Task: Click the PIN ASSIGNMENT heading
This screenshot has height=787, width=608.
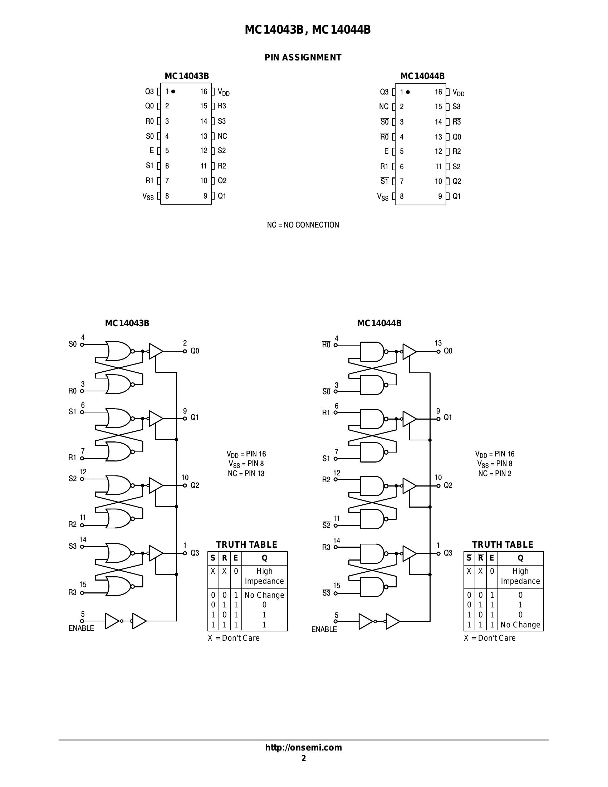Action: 303,58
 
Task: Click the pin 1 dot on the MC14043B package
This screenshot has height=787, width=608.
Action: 173,92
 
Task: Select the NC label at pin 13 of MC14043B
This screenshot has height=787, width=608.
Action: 222,136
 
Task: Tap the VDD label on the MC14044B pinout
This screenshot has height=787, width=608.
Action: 458,92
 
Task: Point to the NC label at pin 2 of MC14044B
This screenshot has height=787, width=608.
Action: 384,107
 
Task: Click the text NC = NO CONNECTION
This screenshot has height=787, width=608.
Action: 303,225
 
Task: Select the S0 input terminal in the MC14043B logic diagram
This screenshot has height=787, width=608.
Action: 82,344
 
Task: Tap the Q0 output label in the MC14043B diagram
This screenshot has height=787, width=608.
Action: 195,351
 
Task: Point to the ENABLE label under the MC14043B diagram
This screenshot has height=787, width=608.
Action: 81,628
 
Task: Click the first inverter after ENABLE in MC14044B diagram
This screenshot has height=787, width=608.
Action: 366,621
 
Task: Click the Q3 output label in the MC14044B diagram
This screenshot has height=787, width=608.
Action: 448,553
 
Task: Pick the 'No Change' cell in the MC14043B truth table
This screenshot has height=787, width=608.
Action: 264,595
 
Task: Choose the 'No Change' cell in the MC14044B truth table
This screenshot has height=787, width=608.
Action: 520,625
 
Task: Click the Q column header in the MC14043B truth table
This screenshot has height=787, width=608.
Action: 264,558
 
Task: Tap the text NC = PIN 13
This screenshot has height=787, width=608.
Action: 246,474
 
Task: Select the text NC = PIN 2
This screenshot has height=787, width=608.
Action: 495,474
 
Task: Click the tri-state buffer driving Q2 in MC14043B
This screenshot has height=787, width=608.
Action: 156,485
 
